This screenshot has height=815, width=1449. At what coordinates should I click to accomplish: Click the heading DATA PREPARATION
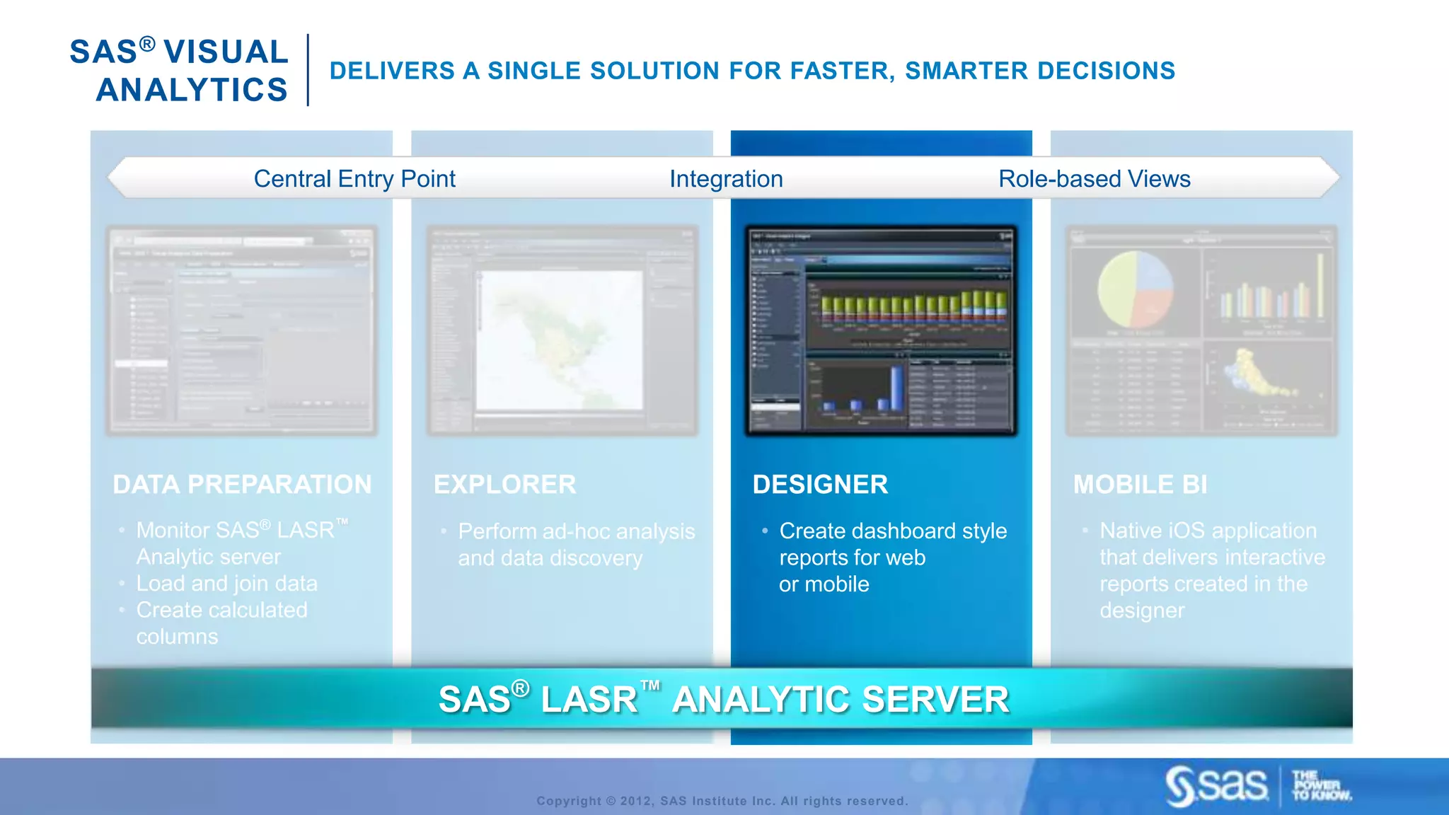tap(242, 485)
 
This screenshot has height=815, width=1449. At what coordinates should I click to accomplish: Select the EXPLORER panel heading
tap(504, 485)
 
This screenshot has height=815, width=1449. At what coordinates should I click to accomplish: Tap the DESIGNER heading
tap(820, 485)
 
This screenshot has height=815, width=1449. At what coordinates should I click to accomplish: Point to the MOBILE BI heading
tap(1140, 485)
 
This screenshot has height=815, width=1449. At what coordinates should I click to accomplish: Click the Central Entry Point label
tap(354, 179)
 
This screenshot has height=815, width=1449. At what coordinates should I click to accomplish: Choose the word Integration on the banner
tap(726, 179)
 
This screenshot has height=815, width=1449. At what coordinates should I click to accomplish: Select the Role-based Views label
tap(1094, 179)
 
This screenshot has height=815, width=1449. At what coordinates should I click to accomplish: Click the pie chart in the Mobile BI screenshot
tap(1135, 289)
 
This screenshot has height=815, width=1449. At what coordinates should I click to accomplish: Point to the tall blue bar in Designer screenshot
tap(896, 388)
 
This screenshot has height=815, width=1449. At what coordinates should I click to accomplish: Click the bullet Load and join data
tap(226, 584)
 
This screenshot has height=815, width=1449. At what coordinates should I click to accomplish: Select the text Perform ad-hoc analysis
tap(576, 531)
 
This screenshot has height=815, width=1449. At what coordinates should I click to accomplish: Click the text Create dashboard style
tap(893, 531)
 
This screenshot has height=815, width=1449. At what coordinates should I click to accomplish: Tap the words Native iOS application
tap(1208, 531)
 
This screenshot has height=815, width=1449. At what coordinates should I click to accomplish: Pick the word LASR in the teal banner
tap(589, 700)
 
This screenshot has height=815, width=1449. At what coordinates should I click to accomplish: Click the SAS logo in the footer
tap(1217, 785)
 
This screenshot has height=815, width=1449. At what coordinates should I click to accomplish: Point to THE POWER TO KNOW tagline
tap(1320, 786)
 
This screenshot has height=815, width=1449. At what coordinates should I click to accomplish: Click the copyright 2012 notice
tap(722, 801)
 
